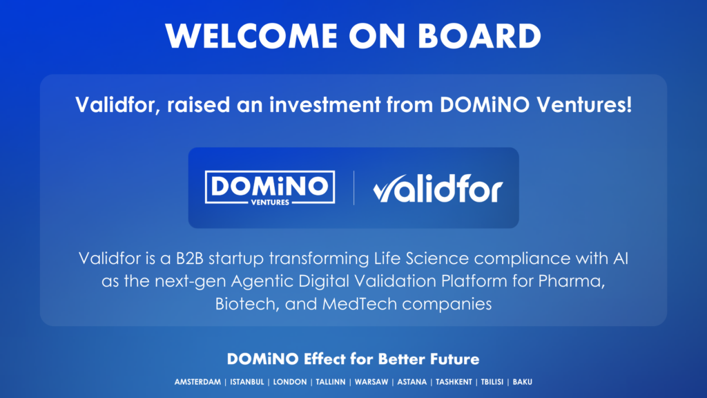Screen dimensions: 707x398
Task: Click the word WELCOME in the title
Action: point(251,36)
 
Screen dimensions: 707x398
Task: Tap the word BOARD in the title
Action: point(479,36)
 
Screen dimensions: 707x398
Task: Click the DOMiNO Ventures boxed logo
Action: point(270,188)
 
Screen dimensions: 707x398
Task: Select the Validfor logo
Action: point(438,189)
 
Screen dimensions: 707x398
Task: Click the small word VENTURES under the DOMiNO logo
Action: point(270,202)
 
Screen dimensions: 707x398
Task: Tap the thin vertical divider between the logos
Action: point(354,188)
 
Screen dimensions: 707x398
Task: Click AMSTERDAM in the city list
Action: point(197,381)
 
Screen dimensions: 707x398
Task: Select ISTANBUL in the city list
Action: point(247,381)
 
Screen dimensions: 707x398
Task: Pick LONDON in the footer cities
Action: point(290,381)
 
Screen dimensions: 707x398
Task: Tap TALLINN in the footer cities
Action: point(331,381)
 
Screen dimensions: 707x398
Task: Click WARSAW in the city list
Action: point(371,381)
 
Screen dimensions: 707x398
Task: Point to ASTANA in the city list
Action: point(411,381)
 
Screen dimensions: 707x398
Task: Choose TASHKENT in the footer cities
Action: point(454,381)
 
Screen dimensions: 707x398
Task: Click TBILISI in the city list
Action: point(492,381)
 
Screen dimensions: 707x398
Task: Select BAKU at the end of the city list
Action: point(522,381)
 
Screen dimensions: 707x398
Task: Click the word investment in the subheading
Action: point(325,105)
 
